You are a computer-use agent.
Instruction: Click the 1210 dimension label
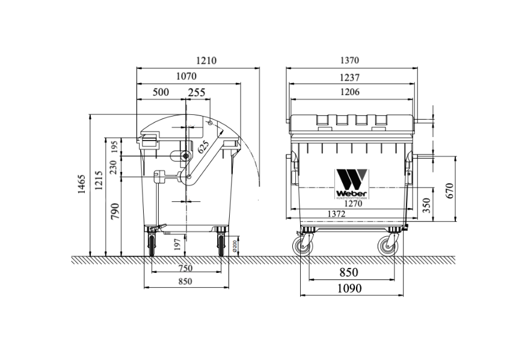(x=206, y=61)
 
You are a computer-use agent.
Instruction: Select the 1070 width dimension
(x=186, y=76)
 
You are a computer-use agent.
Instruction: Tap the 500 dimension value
(x=161, y=92)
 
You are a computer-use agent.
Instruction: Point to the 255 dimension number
(x=197, y=92)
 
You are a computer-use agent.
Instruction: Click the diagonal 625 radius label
(x=204, y=146)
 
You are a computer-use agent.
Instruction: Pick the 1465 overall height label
(x=82, y=184)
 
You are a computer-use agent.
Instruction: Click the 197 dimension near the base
(x=177, y=243)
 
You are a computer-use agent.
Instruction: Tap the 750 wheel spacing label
(x=185, y=269)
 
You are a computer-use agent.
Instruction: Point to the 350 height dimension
(x=426, y=206)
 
